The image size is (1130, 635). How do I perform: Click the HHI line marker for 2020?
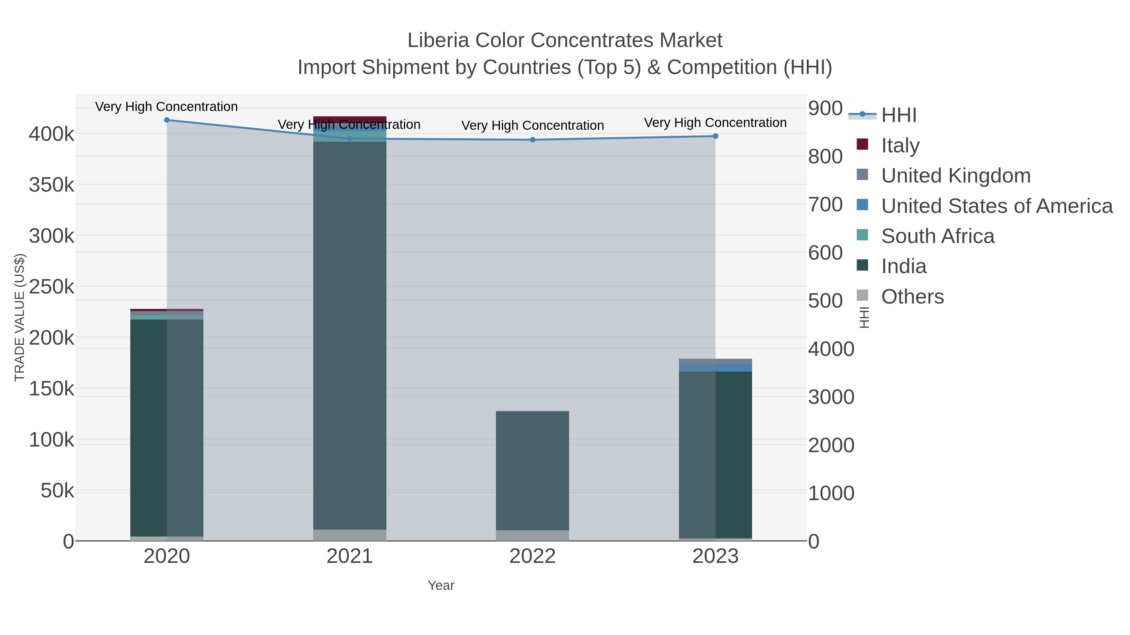167,120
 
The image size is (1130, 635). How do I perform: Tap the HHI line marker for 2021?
350,139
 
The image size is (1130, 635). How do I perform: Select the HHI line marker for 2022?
533,140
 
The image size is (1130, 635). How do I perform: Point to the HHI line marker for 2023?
715,136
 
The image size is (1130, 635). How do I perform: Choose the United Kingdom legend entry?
955,176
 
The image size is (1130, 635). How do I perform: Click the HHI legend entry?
898,115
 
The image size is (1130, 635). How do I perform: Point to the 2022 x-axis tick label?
533,557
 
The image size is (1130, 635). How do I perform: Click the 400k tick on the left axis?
52,134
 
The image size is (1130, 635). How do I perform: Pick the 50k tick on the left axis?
57,491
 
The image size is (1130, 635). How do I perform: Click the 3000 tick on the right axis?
831,397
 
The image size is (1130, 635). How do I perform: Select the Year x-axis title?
441,585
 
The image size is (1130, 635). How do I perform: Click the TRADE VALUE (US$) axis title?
20,317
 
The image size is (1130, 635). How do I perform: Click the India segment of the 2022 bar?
533,471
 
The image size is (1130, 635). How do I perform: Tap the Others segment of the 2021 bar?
350,535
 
